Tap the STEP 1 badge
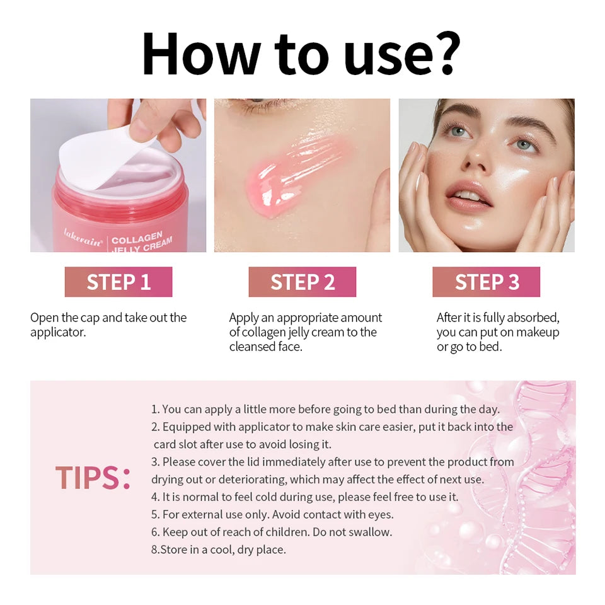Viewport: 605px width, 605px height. pyautogui.click(x=118, y=282)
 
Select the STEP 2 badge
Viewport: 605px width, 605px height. pyautogui.click(x=302, y=282)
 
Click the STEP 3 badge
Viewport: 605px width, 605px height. pyautogui.click(x=487, y=282)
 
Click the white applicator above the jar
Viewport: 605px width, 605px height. pyautogui.click(x=104, y=154)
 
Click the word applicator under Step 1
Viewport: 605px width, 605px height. pyautogui.click(x=58, y=332)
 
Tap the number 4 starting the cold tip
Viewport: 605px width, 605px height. pyautogui.click(x=154, y=497)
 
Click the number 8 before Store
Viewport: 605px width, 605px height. pyautogui.click(x=154, y=550)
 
